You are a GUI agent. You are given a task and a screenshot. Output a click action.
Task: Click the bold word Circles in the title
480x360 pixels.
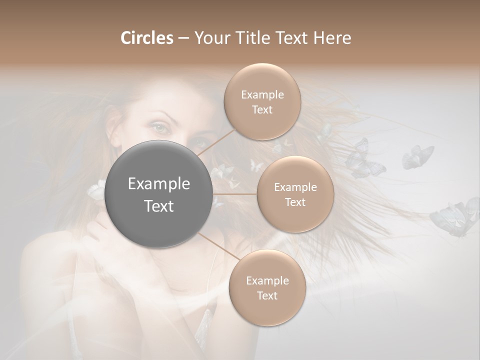[146, 38]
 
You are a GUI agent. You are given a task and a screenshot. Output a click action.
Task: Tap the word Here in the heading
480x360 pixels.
[332, 38]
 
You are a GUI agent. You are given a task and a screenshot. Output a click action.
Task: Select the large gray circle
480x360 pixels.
[159, 194]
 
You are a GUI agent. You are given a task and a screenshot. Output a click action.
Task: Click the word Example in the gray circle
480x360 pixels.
[159, 184]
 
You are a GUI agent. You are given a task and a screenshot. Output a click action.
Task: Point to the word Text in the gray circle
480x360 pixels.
[159, 206]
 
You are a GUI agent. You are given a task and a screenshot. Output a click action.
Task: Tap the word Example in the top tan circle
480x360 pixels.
[262, 95]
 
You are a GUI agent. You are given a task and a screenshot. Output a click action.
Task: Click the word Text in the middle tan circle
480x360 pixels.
[295, 202]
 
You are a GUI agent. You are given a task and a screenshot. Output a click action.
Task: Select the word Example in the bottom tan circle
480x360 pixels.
[267, 280]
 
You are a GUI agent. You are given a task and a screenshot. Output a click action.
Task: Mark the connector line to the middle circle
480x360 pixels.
[235, 194]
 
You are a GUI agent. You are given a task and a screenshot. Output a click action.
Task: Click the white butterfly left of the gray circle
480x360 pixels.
[96, 190]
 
